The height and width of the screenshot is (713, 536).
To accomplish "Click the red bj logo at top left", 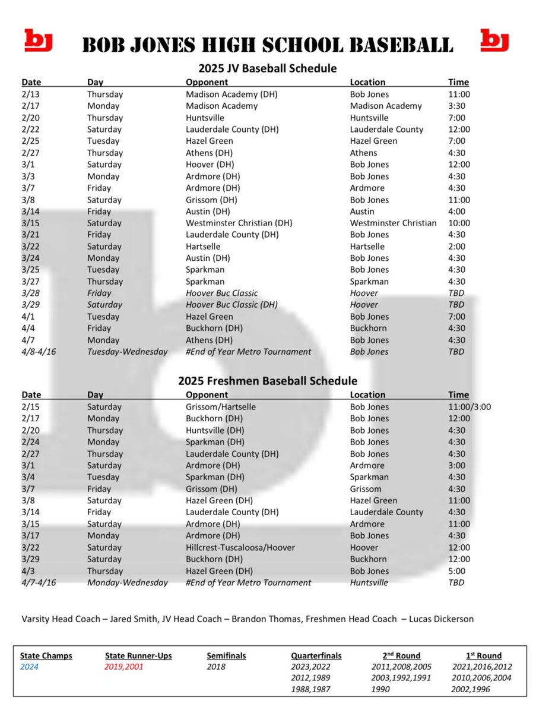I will (39, 40).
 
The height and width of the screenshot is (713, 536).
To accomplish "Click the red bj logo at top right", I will (494, 40).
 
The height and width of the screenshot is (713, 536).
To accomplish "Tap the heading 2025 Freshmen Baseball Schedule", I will (267, 380).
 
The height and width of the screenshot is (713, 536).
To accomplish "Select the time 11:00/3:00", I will (470, 407).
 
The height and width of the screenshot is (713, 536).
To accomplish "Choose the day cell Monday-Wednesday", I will (127, 582).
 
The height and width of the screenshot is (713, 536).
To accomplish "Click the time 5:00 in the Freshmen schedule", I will (458, 571).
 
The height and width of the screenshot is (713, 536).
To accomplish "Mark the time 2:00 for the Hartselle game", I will (458, 247).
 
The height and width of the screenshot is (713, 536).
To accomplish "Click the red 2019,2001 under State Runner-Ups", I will (124, 667).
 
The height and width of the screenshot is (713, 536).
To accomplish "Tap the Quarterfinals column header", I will (316, 656).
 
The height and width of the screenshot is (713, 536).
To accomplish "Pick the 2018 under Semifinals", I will (217, 667).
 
